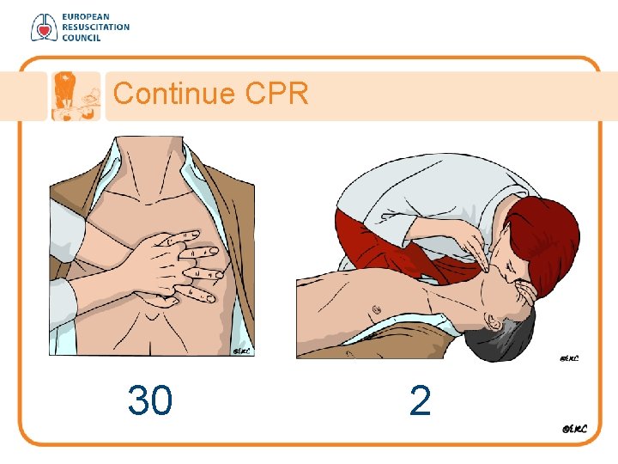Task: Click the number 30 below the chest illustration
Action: click(150, 400)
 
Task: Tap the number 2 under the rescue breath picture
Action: click(420, 400)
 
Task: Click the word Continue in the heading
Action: click(174, 94)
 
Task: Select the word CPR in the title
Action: click(276, 94)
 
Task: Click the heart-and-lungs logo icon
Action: click(44, 27)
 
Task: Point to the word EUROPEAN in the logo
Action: click(86, 17)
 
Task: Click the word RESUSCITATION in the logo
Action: click(96, 27)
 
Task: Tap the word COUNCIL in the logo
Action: click(82, 38)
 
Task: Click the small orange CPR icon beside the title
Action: click(76, 96)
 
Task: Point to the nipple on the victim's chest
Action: click(376, 309)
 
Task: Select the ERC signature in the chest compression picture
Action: click(241, 351)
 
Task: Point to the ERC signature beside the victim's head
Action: click(569, 358)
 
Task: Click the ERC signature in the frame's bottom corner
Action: click(574, 429)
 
